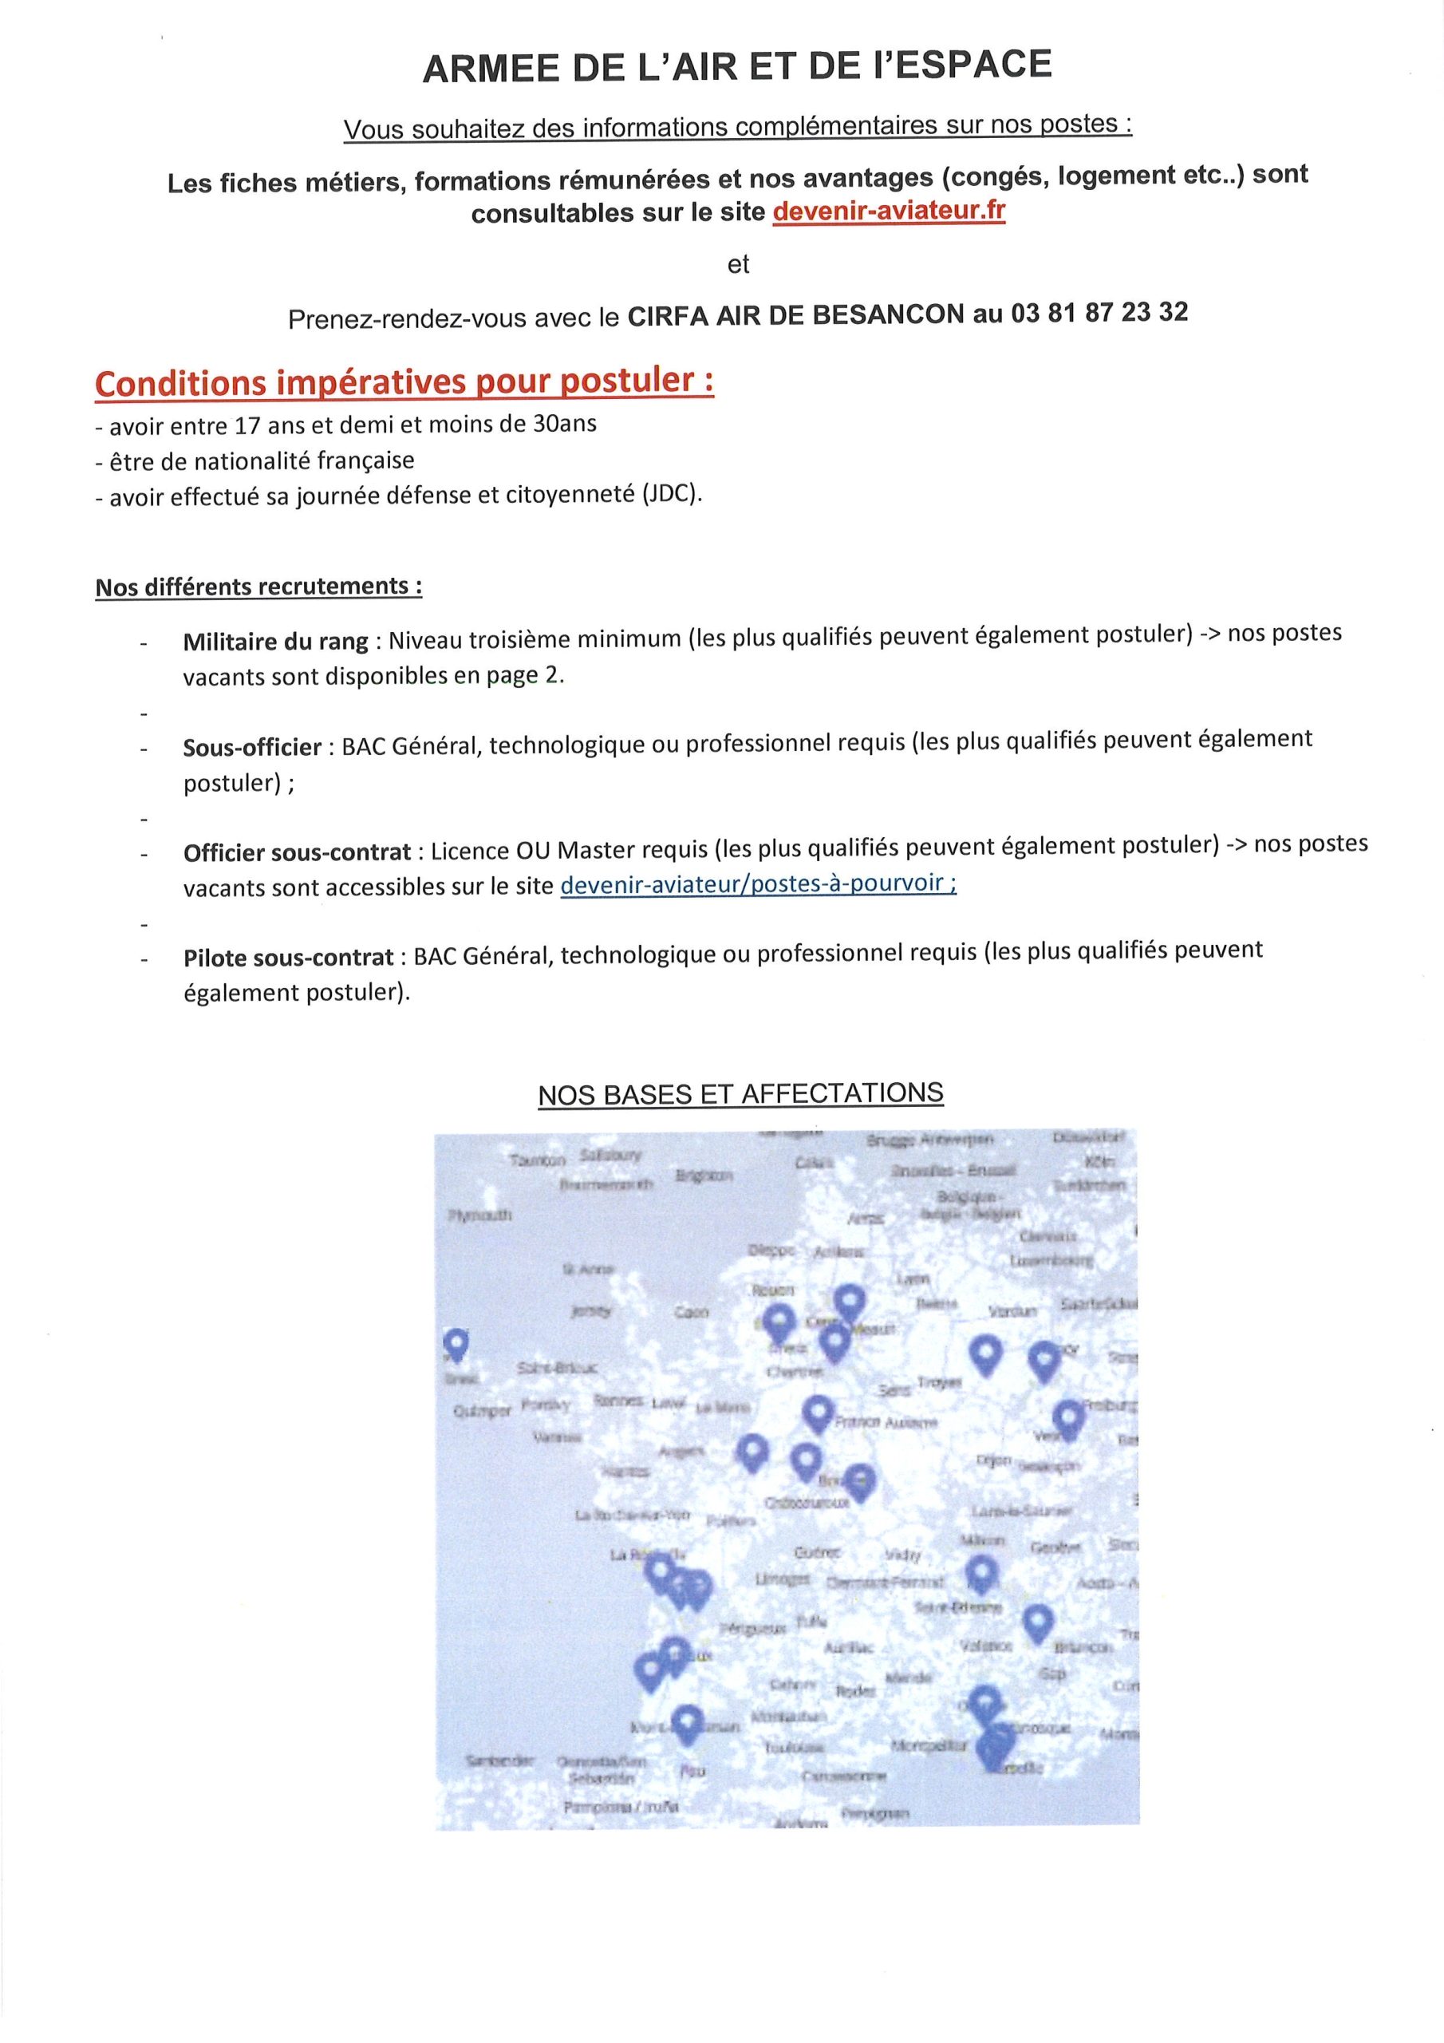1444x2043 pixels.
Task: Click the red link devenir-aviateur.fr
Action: [889, 211]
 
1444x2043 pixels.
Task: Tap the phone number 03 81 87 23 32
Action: [1099, 312]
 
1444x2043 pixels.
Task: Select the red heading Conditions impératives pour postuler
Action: [404, 381]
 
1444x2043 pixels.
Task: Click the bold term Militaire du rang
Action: [276, 641]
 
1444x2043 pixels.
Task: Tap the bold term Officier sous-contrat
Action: [297, 852]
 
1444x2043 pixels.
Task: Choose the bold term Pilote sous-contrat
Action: [288, 958]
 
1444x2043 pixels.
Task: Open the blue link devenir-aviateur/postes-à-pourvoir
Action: [757, 883]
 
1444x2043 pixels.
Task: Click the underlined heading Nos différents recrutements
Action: [258, 587]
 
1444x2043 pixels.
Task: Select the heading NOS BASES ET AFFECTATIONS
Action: [740, 1093]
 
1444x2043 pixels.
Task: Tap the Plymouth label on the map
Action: [479, 1215]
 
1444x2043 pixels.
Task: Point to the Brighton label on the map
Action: [704, 1176]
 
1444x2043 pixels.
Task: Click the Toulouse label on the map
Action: [794, 1748]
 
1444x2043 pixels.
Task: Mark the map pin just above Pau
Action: [687, 1723]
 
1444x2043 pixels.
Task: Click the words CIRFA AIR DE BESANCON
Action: [795, 314]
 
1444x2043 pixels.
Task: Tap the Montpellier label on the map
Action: [928, 1747]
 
